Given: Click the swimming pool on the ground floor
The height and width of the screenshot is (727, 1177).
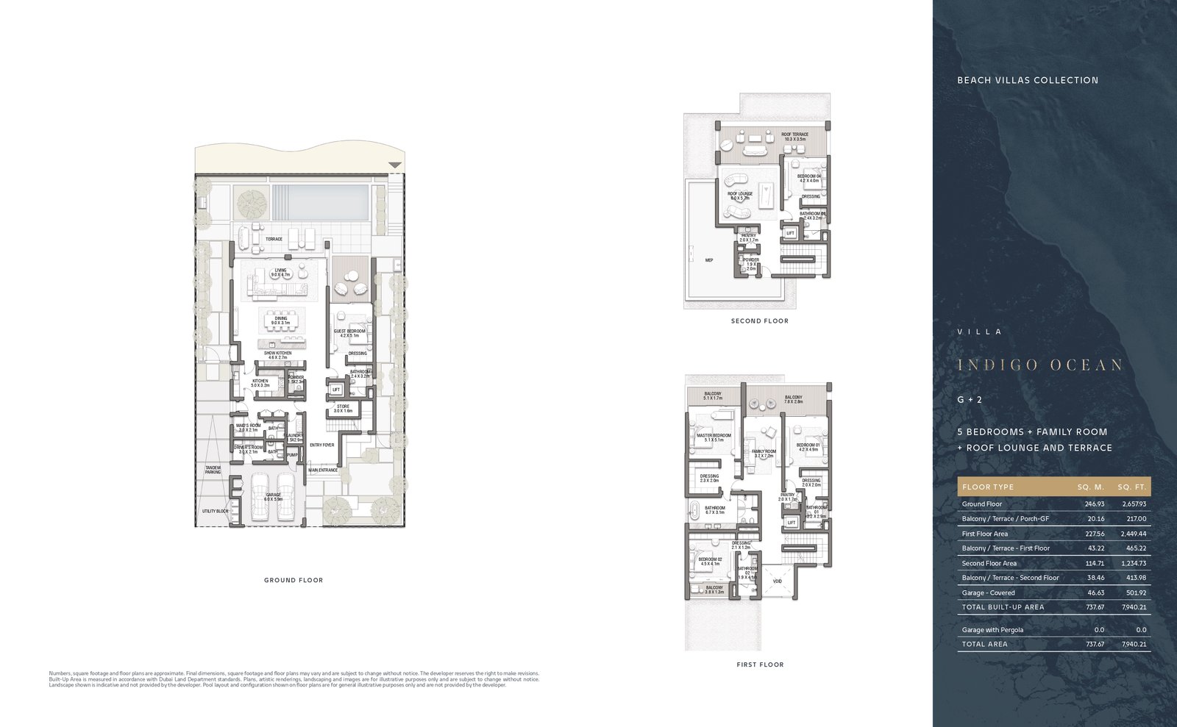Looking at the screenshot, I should click(x=319, y=201).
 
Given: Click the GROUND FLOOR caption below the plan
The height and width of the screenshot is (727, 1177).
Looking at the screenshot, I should click(x=294, y=580).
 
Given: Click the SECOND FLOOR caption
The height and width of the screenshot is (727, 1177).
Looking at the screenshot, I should click(x=759, y=320).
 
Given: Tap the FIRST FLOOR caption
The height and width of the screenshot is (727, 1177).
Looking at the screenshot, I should click(x=760, y=665).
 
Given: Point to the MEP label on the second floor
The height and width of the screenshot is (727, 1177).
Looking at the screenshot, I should click(x=709, y=260).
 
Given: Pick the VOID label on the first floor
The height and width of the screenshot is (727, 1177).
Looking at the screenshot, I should click(x=778, y=581).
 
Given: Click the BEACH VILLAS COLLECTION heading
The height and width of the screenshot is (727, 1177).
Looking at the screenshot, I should click(x=1027, y=80).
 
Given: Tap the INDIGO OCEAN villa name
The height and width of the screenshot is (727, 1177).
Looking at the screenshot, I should click(x=1039, y=365).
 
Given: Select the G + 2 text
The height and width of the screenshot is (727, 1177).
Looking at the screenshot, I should click(x=970, y=400).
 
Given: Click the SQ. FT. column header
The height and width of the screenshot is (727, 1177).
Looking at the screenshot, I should click(x=1131, y=487).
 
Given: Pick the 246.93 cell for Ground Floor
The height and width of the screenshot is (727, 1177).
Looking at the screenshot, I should click(x=1094, y=504).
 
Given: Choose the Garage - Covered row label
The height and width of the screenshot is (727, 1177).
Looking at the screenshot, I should click(x=988, y=592).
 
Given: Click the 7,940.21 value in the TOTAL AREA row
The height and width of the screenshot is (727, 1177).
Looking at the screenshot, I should click(x=1134, y=644).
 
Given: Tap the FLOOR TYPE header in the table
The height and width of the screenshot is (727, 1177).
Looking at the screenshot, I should click(x=987, y=487).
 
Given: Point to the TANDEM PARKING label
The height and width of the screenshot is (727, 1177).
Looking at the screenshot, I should click(x=213, y=469).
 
